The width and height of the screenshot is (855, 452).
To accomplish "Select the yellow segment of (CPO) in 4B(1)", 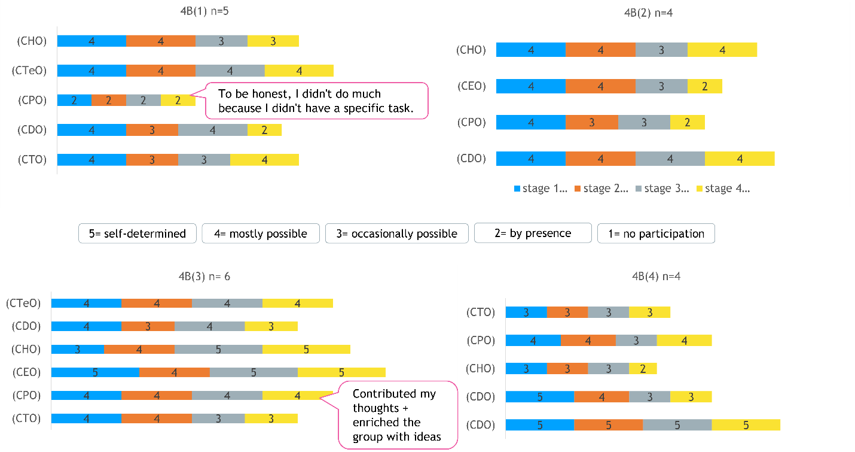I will pyautogui.click(x=178, y=100).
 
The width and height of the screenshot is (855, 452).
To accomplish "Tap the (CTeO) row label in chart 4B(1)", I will pyautogui.click(x=29, y=71).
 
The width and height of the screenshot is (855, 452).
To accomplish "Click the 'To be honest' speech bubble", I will pyautogui.click(x=316, y=101).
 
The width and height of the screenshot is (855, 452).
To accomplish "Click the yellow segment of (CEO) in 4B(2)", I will pyautogui.click(x=704, y=86).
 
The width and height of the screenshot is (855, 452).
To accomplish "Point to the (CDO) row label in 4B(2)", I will pyautogui.click(x=471, y=159).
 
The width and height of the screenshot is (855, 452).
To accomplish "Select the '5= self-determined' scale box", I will pyautogui.click(x=138, y=233).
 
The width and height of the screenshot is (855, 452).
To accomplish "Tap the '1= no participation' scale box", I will pyautogui.click(x=656, y=233).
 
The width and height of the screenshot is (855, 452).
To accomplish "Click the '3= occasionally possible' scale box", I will pyautogui.click(x=397, y=233).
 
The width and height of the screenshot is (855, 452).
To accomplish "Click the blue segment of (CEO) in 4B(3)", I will pyautogui.click(x=95, y=372).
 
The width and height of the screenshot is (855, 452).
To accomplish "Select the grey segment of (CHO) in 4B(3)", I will pyautogui.click(x=227, y=349).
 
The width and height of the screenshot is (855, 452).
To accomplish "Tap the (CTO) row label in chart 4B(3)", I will pyautogui.click(x=26, y=418).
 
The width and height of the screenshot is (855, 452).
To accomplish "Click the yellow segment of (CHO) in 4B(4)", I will pyautogui.click(x=642, y=369).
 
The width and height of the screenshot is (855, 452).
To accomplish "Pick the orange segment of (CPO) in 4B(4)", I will pyautogui.click(x=588, y=341).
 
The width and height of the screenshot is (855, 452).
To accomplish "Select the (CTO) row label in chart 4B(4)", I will pyautogui.click(x=481, y=312).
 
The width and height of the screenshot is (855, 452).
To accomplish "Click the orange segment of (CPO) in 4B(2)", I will pyautogui.click(x=591, y=122).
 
